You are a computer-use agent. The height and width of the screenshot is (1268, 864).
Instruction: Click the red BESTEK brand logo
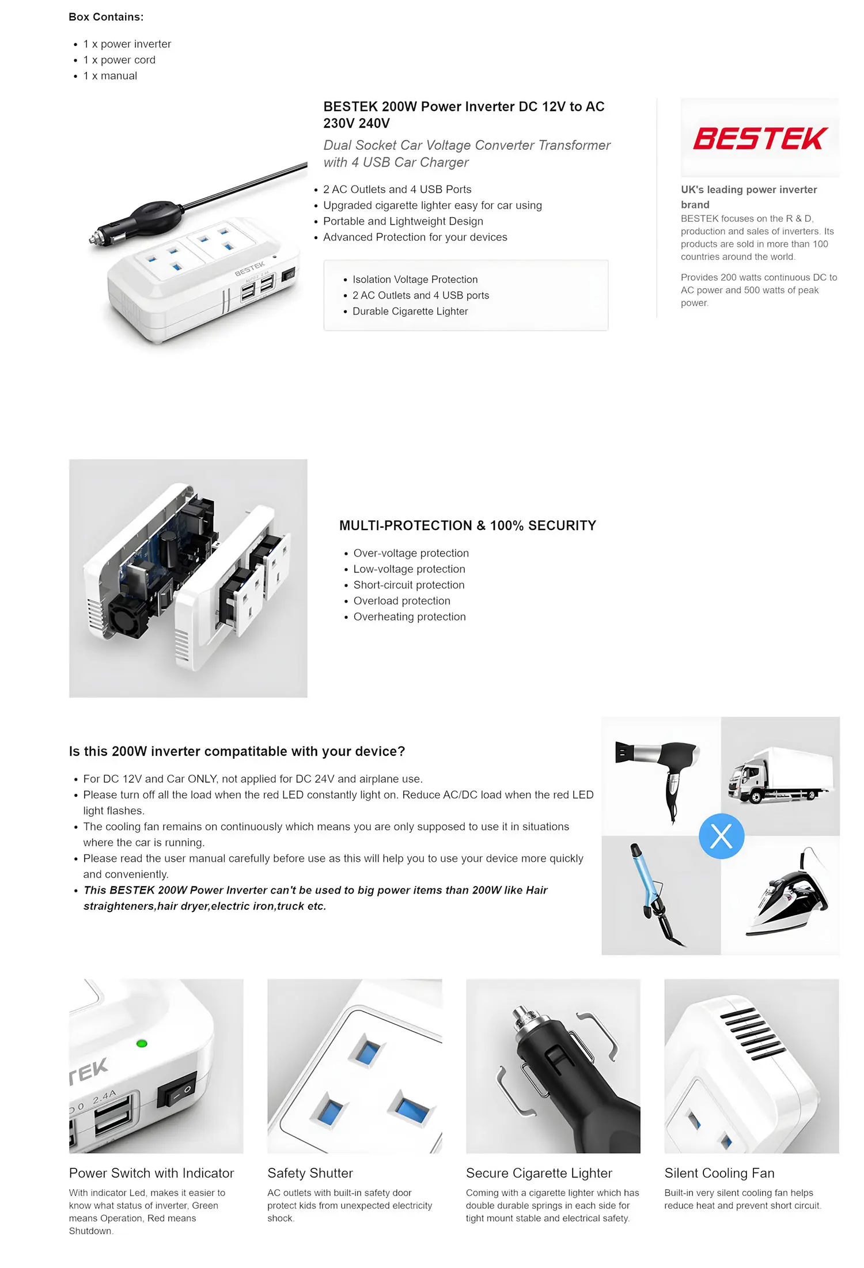[x=760, y=138]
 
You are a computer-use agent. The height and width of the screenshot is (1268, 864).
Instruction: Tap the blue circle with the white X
[x=721, y=836]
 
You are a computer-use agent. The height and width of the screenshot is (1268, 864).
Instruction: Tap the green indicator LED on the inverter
[x=142, y=1043]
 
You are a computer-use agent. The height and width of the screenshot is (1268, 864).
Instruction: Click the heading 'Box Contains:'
[x=106, y=17]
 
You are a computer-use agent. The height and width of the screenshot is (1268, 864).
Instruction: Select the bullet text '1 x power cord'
[x=119, y=60]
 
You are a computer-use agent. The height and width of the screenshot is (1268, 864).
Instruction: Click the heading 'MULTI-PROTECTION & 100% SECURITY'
[x=468, y=525]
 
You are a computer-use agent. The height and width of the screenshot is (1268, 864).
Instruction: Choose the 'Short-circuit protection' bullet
[x=409, y=585]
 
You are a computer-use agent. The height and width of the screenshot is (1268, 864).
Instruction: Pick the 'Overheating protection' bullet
[x=410, y=616]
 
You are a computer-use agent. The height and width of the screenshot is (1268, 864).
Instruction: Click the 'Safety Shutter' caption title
[x=310, y=1173]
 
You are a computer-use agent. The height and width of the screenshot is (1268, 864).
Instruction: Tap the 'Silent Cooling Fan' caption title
[x=719, y=1173]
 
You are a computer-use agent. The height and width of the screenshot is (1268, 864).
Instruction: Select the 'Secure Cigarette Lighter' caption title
[x=539, y=1173]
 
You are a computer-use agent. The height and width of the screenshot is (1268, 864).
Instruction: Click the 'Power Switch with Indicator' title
[x=151, y=1173]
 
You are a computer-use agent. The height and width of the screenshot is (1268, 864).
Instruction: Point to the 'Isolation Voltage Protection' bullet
[x=415, y=279]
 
